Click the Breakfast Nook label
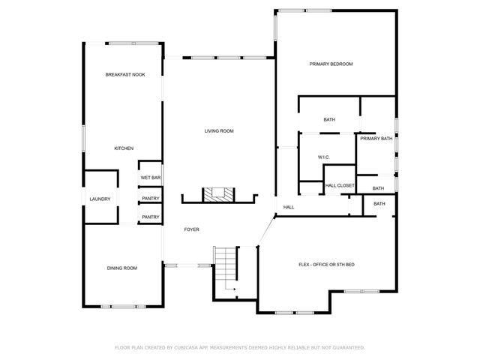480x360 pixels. [125, 75]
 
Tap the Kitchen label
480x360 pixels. [124, 148]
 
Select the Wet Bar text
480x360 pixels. [151, 178]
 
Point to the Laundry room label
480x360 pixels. [100, 199]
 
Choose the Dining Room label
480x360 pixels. [121, 268]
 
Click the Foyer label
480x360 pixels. [192, 229]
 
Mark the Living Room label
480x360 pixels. [220, 131]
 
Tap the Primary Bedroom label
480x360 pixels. [331, 64]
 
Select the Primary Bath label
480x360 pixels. [376, 139]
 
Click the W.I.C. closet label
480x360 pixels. [325, 157]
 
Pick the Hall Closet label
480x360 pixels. [340, 185]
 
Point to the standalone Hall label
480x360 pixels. [288, 208]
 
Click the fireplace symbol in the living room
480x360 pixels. [220, 194]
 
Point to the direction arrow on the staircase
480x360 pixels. [235, 289]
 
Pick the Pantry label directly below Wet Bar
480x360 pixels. [151, 198]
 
